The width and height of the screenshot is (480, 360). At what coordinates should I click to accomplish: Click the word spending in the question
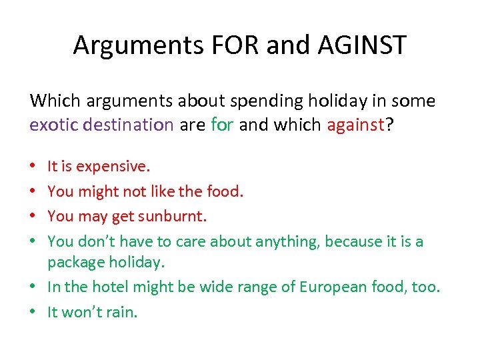[x=262, y=101]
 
